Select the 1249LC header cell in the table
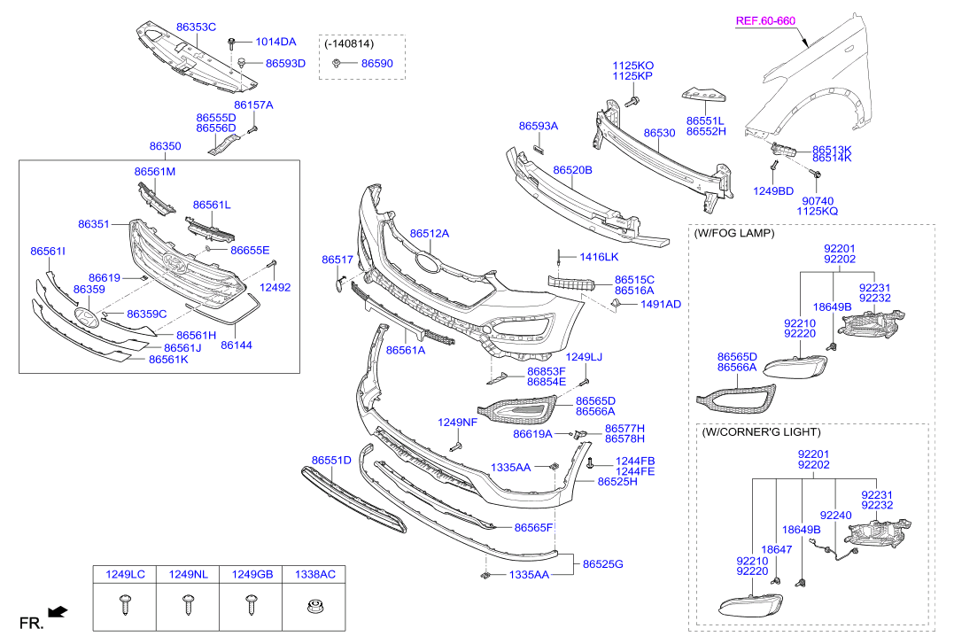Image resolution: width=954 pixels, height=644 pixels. [x=125, y=575]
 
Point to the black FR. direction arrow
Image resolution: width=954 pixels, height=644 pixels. [x=58, y=611]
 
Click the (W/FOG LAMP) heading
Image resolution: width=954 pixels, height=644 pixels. [x=734, y=233]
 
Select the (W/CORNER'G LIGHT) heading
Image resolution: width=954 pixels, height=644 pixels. [x=761, y=432]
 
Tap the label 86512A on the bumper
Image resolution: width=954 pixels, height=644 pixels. [x=430, y=234]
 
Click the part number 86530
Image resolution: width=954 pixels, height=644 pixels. [x=659, y=133]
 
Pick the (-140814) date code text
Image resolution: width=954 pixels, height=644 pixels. [x=348, y=43]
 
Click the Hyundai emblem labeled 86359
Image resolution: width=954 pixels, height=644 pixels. [x=87, y=318]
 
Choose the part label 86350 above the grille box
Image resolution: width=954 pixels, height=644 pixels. [x=165, y=146]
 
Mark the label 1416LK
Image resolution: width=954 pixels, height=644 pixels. [x=599, y=257]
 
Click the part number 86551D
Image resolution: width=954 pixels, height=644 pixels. [x=331, y=460]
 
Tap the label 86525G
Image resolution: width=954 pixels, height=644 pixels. [x=603, y=563]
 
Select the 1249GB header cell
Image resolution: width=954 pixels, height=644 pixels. [x=252, y=575]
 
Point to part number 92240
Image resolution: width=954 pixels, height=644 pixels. [x=835, y=515]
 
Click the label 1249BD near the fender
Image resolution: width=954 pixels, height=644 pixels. [x=773, y=190]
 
